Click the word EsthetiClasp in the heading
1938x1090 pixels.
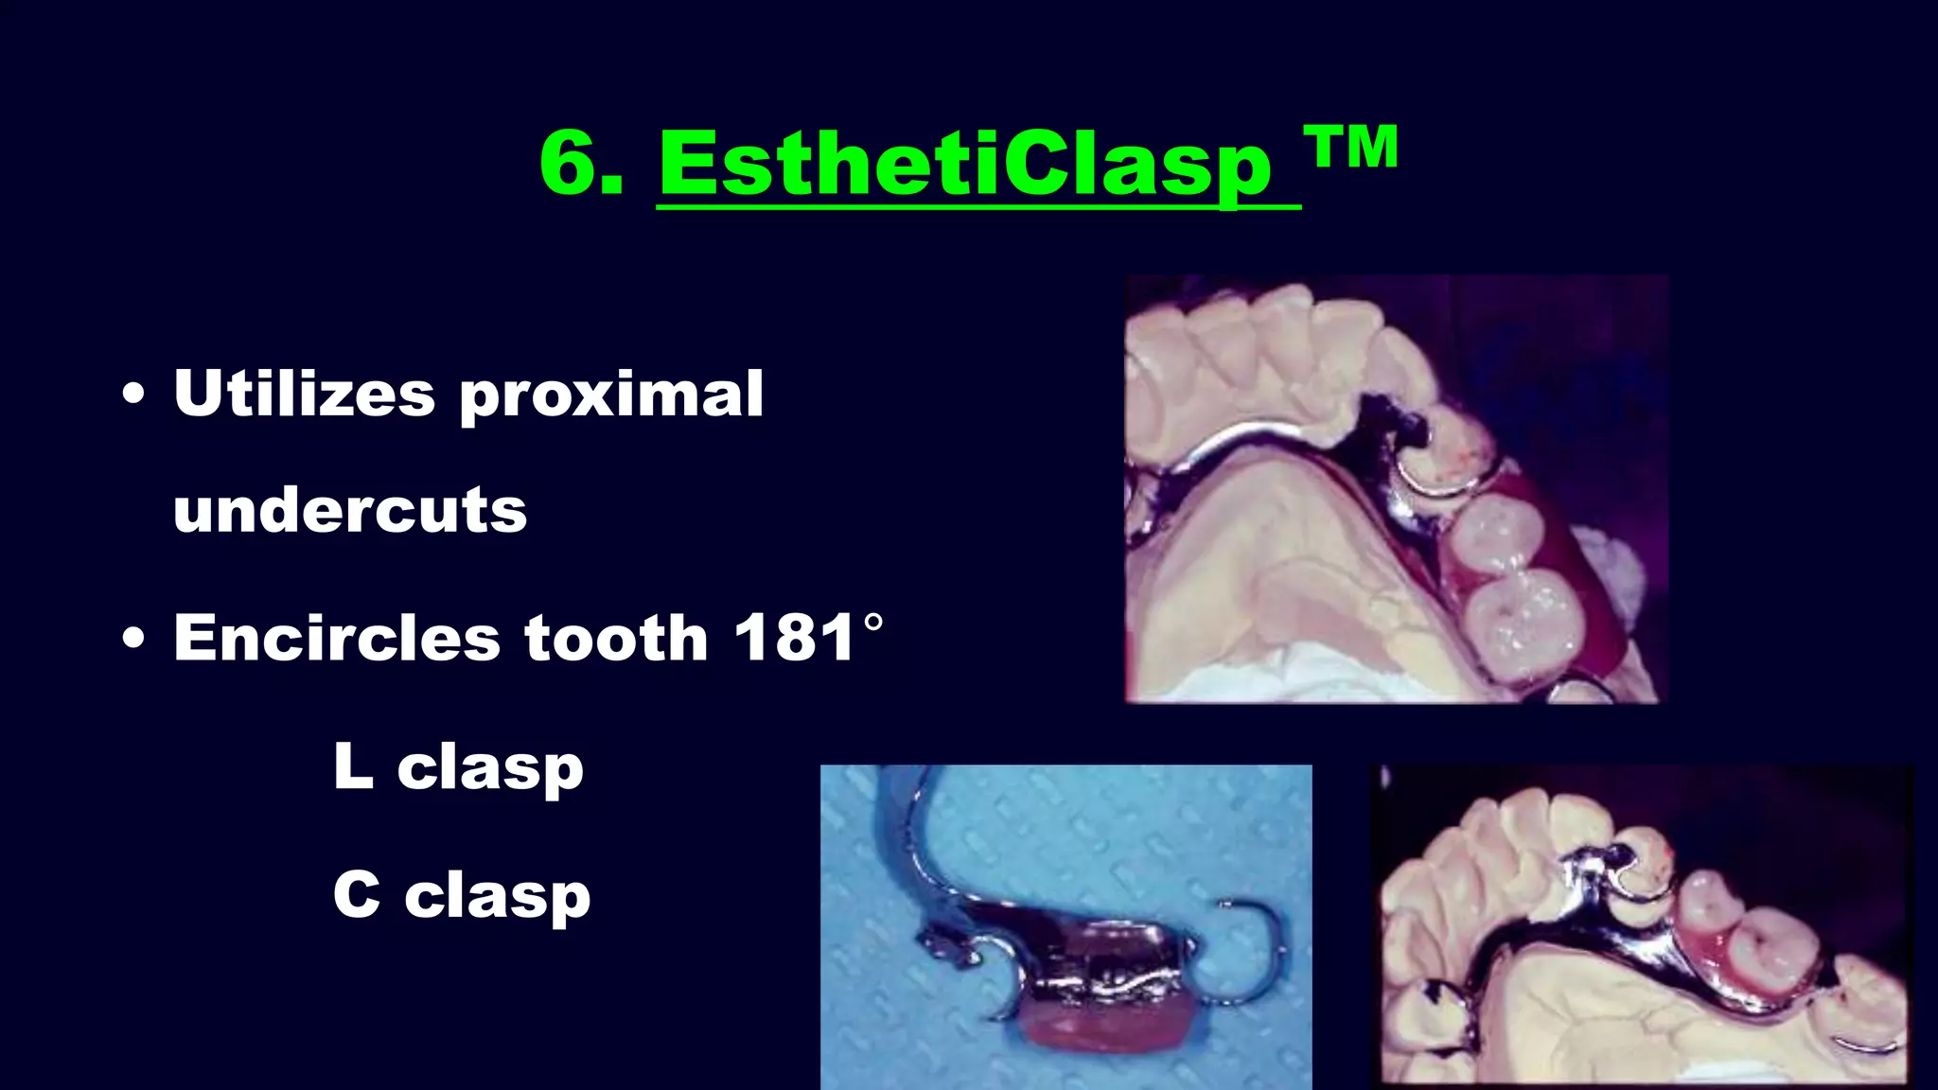(965, 166)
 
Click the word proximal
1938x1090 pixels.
(611, 396)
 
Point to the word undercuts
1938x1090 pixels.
(350, 511)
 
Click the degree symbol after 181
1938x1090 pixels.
(873, 623)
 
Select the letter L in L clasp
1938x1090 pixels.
(352, 765)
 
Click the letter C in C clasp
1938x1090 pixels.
(357, 894)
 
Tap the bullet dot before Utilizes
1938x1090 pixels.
(134, 395)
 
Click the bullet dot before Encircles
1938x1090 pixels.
(134, 638)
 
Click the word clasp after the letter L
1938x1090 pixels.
(490, 769)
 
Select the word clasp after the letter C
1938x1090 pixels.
(498, 897)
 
